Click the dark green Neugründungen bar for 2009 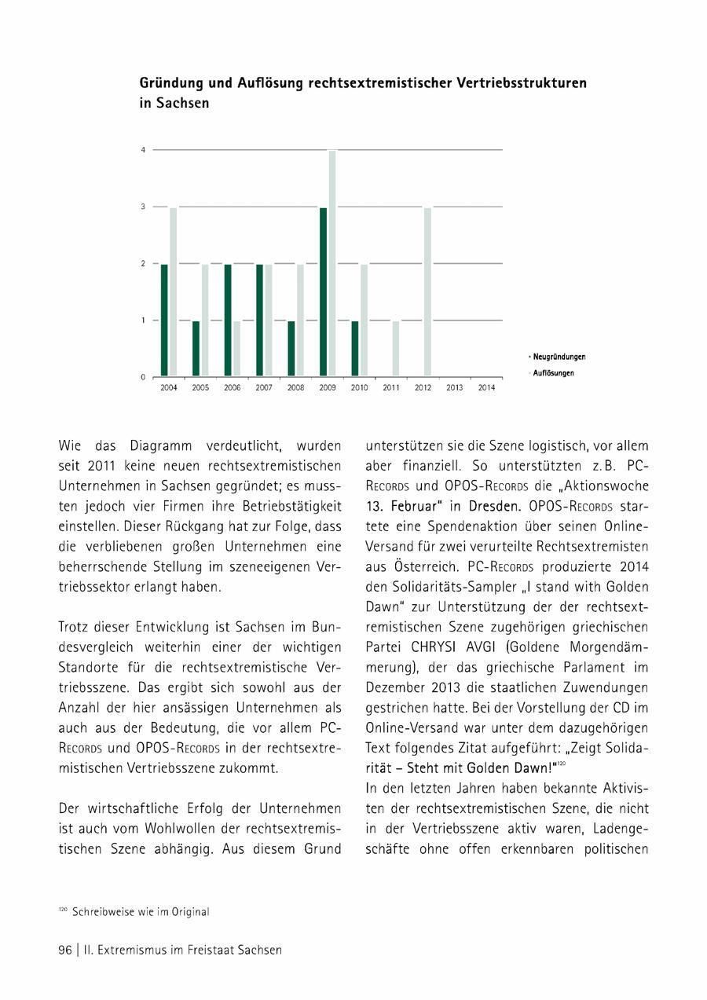[x=323, y=291]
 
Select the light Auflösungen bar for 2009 [x=332, y=263]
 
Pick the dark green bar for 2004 [x=164, y=320]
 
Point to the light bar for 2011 [x=396, y=348]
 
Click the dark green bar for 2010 [x=355, y=348]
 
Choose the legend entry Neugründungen [x=559, y=357]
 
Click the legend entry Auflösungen [x=553, y=373]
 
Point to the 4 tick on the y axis [x=143, y=149]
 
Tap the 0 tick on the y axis [x=143, y=377]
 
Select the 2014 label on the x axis [x=486, y=388]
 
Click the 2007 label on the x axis [x=264, y=388]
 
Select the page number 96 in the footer [x=65, y=950]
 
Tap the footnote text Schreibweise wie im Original [x=141, y=912]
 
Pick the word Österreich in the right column [x=402, y=547]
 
